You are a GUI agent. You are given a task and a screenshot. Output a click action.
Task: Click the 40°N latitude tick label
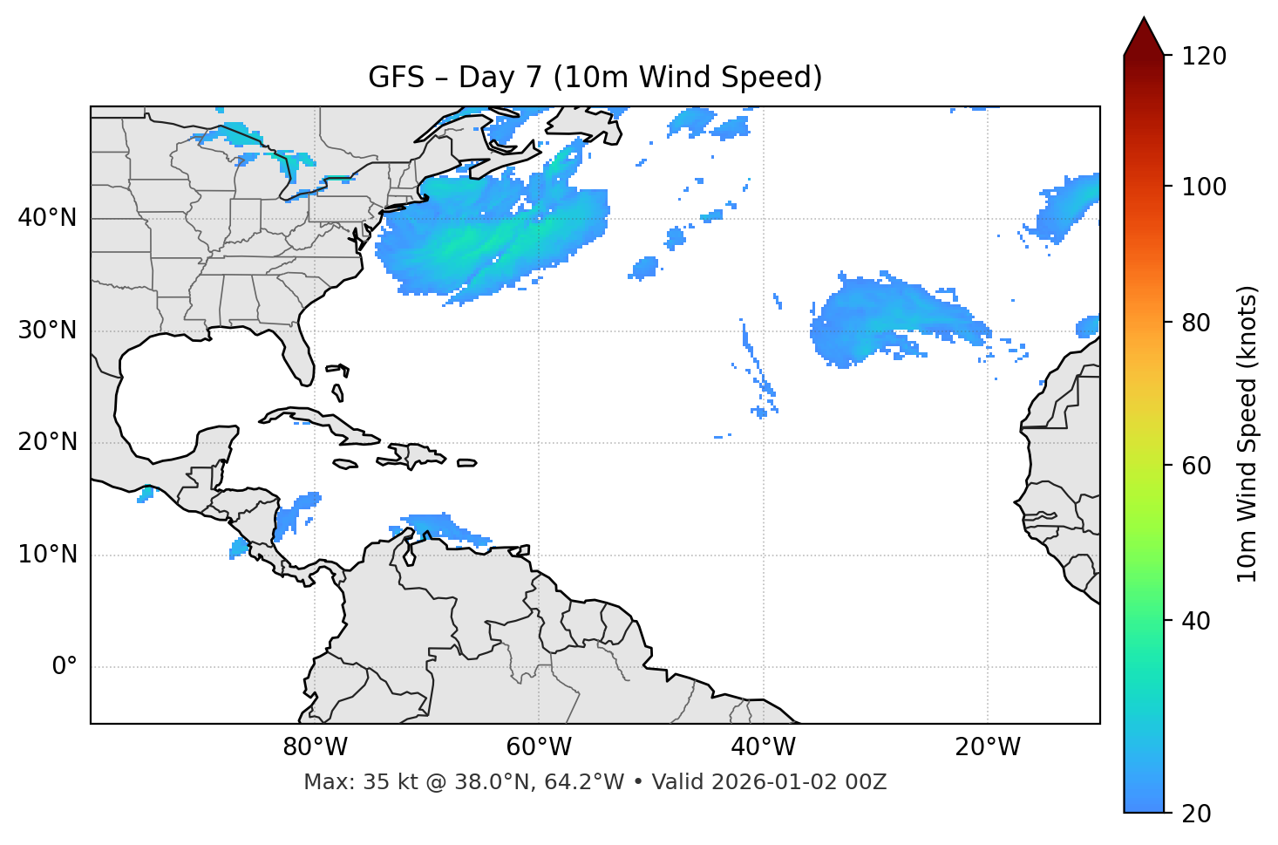(x=47, y=218)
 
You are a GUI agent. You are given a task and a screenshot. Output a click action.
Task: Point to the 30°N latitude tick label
(x=47, y=331)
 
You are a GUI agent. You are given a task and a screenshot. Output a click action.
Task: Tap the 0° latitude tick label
(x=65, y=667)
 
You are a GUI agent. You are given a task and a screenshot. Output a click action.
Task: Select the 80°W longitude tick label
(x=315, y=747)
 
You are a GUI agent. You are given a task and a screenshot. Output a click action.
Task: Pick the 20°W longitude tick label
(x=988, y=747)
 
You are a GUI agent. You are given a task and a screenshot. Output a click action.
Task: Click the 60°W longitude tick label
(x=539, y=747)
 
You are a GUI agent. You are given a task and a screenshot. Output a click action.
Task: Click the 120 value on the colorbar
(x=1204, y=56)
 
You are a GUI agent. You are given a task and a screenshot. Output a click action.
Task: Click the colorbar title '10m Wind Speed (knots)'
(x=1247, y=434)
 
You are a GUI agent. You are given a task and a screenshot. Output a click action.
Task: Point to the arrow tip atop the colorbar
(x=1144, y=18)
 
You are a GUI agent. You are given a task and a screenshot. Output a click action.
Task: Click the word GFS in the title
(x=398, y=78)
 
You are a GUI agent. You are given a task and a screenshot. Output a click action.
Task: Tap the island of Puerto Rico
(x=466, y=463)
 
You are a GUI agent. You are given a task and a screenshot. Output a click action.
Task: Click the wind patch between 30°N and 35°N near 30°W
(x=872, y=318)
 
